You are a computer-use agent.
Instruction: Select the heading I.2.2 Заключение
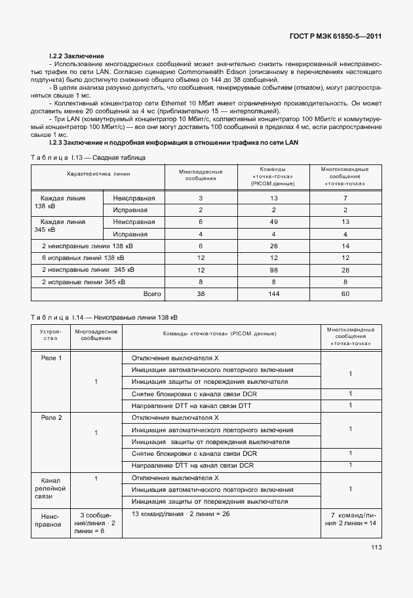click(x=77, y=56)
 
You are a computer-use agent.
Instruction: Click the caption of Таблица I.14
click(x=104, y=317)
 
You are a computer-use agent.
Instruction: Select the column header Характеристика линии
click(x=98, y=174)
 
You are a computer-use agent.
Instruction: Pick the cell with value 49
click(x=274, y=222)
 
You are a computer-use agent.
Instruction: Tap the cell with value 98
click(x=274, y=270)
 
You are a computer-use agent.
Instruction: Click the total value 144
click(x=274, y=293)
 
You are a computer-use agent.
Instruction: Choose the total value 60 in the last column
click(x=345, y=293)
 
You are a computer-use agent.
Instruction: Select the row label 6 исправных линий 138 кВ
click(x=87, y=258)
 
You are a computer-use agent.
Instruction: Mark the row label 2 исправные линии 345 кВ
click(x=87, y=282)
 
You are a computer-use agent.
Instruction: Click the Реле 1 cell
click(x=51, y=358)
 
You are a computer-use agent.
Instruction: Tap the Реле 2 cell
click(x=51, y=417)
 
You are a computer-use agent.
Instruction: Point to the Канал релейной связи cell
click(x=51, y=487)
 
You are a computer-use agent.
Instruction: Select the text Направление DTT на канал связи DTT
click(x=191, y=406)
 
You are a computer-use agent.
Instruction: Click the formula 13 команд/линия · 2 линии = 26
click(x=180, y=514)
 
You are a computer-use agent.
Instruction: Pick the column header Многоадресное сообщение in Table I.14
click(x=96, y=336)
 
